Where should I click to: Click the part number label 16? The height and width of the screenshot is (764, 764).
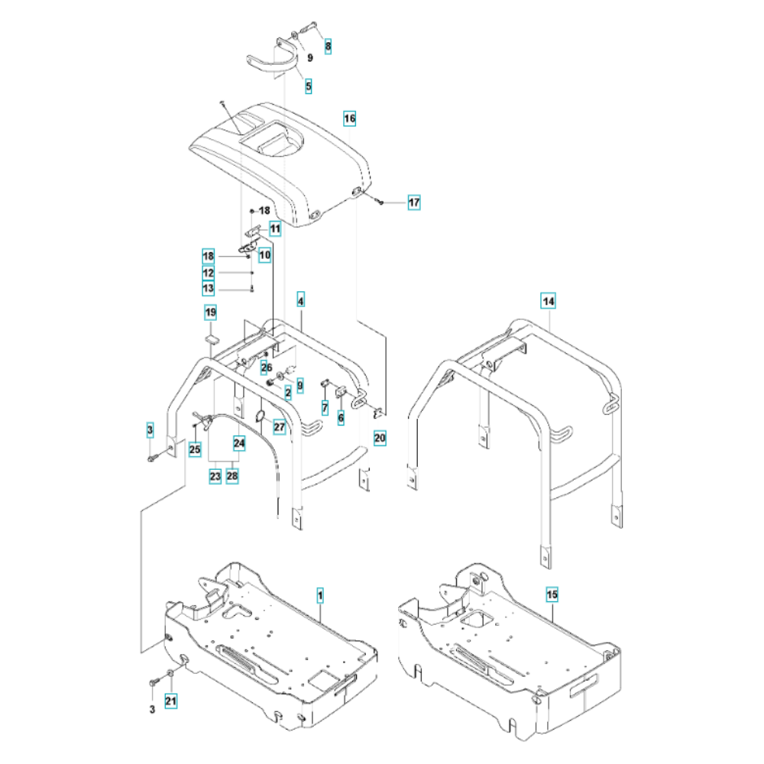click(349, 119)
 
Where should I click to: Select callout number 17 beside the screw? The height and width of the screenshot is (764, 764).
click(413, 202)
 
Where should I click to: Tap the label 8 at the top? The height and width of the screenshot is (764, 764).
click(329, 47)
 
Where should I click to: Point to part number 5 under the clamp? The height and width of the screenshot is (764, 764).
click(309, 86)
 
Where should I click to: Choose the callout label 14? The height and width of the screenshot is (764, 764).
click(549, 301)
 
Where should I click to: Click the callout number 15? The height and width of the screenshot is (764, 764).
click(552, 594)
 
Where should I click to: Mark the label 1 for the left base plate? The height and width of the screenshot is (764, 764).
click(320, 594)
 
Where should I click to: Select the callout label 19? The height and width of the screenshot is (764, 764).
click(210, 312)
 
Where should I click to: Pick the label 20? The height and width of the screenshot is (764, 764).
click(380, 438)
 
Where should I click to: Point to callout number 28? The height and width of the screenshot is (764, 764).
click(232, 475)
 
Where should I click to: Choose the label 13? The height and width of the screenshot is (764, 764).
click(208, 289)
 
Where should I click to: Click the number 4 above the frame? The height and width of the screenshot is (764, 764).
click(301, 301)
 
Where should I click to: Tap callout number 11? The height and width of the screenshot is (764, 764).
click(274, 228)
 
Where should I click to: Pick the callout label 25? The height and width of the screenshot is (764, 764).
click(195, 450)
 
